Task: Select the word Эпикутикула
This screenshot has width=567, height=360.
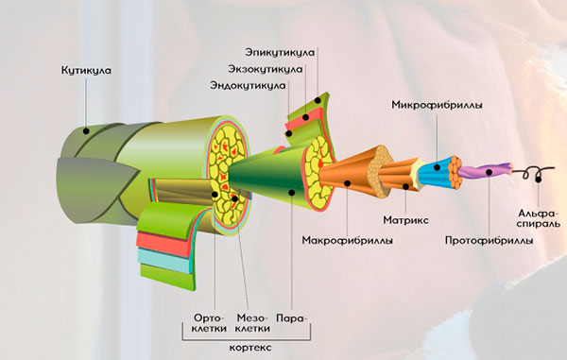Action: point(281,50)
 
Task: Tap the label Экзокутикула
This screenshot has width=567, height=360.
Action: point(266,68)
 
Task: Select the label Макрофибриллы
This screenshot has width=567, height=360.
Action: point(341,239)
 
